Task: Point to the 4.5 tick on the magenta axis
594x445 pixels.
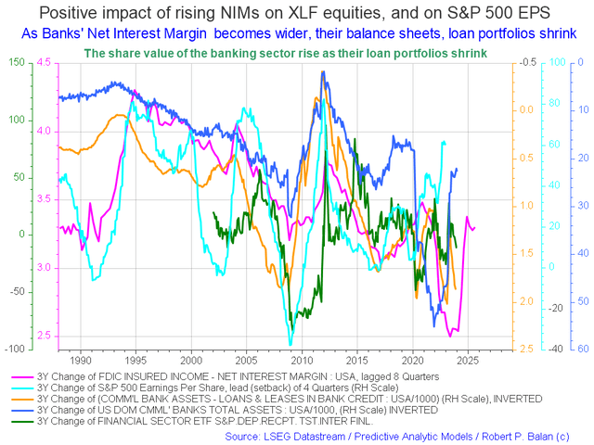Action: [45, 62]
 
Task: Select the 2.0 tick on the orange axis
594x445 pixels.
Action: [525, 301]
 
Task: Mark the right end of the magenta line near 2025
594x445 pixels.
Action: [474, 227]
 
